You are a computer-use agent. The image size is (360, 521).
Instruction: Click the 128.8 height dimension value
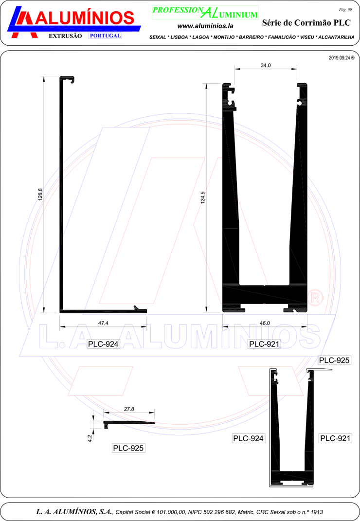click(40, 195)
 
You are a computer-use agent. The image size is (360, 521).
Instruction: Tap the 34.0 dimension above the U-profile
click(266, 66)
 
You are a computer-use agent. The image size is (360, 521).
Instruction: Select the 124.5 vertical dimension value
click(203, 198)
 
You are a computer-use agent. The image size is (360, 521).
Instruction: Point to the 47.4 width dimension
click(103, 323)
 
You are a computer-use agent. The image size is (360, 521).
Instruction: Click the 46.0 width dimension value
click(265, 323)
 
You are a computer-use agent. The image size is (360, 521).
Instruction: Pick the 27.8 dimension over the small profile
click(129, 409)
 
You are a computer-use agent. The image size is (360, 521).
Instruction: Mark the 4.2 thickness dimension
click(90, 439)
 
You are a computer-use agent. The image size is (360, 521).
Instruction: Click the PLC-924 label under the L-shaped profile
click(103, 344)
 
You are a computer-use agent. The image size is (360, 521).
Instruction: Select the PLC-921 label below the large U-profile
click(264, 344)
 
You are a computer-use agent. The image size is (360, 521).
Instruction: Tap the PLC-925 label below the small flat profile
click(128, 448)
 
